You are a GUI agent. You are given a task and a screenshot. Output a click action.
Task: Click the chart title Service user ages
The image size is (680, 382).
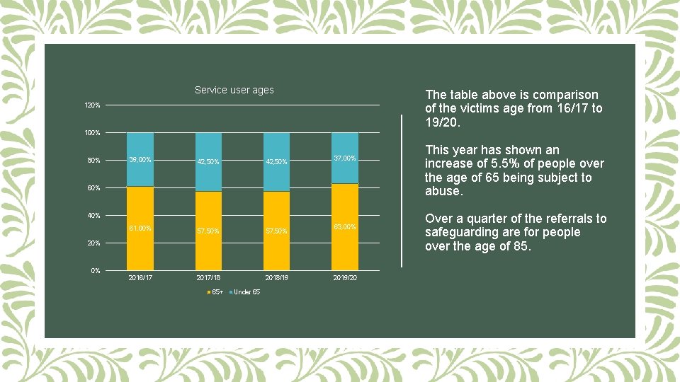tap(234, 90)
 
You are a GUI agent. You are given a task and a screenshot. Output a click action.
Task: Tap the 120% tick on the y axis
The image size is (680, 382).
tap(92, 105)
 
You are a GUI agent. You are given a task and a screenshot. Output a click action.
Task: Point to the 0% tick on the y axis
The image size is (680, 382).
tap(95, 271)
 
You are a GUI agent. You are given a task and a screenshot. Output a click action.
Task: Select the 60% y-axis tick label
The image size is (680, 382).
tap(93, 188)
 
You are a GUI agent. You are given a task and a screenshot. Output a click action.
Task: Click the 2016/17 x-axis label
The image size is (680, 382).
tap(140, 277)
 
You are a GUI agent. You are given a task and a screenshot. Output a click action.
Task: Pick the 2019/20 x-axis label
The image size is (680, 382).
tap(344, 277)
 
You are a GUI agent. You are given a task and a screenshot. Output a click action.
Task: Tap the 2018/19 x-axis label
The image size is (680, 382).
tap(276, 277)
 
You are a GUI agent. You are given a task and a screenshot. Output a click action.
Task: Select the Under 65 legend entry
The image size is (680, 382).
tap(246, 292)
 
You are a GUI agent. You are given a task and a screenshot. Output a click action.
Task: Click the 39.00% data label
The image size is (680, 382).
tap(140, 159)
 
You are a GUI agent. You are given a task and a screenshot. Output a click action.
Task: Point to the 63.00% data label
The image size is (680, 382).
tap(344, 227)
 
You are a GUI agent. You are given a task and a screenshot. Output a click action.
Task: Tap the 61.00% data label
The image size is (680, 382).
tap(140, 228)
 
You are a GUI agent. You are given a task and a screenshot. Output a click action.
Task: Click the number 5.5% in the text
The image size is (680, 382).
tap(492, 164)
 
